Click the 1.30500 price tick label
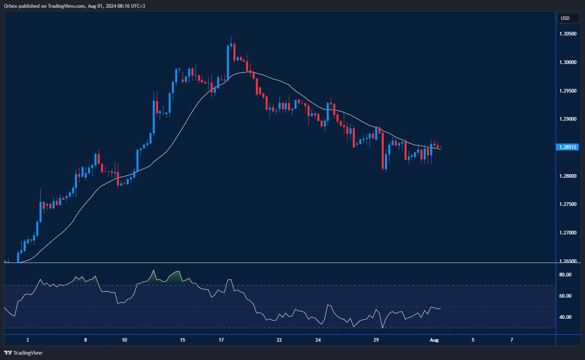click(x=568, y=34)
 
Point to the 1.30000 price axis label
click(x=568, y=62)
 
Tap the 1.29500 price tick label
click(x=568, y=91)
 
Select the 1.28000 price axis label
click(x=568, y=176)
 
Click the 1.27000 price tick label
click(x=568, y=233)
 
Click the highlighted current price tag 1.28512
click(x=567, y=147)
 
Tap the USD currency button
click(x=567, y=18)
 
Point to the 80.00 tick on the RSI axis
click(x=565, y=275)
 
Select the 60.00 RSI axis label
click(x=565, y=296)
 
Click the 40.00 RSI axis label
click(x=565, y=317)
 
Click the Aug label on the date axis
click(x=434, y=340)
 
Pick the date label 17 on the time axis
click(x=221, y=340)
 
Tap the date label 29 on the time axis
click(x=376, y=340)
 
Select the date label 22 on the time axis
click(x=279, y=340)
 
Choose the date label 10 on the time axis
click(x=124, y=340)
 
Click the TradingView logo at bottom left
click(x=23, y=353)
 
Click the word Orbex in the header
click(x=11, y=6)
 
